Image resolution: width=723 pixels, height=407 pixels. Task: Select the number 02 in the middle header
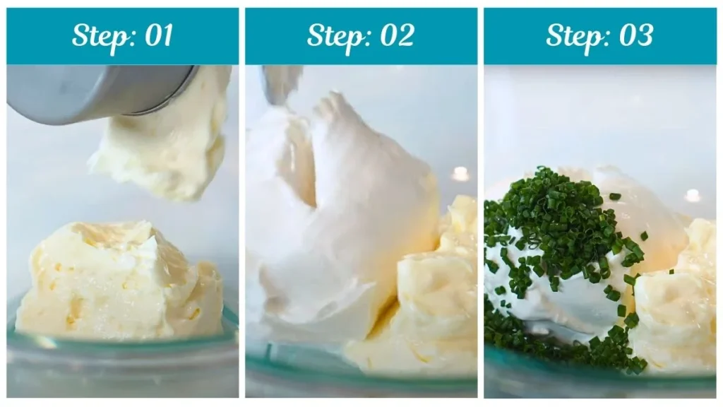396,36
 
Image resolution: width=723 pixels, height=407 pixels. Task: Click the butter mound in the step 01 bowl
116,283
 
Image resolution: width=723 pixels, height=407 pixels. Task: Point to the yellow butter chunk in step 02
434,297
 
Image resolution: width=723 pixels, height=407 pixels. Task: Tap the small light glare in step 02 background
461,174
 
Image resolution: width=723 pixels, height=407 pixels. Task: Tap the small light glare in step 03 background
693,195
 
